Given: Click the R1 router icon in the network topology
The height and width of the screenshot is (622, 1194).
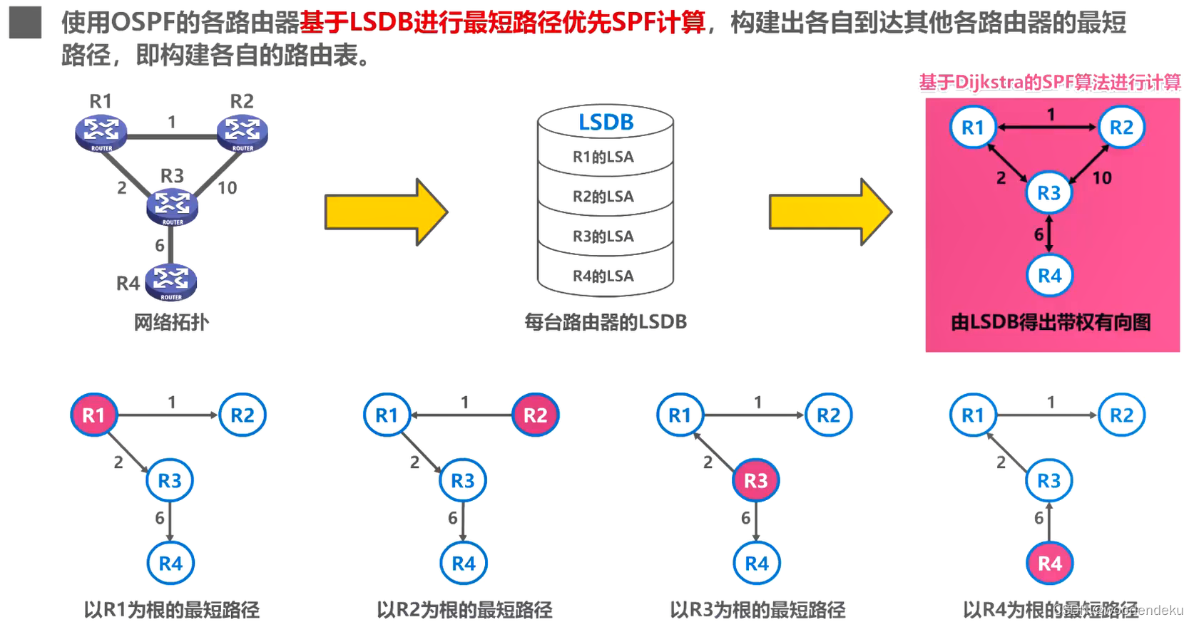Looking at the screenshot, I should pos(101,133).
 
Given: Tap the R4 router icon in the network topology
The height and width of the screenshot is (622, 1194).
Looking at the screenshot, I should pos(170,281).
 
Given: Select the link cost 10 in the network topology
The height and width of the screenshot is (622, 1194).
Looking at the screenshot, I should pos(227,187).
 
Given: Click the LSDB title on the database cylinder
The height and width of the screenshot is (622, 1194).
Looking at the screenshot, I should pos(606,122).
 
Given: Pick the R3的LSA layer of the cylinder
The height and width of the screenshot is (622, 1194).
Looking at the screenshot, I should pos(603,237).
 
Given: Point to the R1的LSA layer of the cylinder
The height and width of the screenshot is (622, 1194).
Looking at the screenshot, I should pos(603,157).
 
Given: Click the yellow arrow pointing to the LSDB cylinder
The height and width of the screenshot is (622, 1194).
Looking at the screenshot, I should pos(385,212).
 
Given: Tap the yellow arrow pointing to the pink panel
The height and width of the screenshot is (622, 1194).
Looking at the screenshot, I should pos(830,212).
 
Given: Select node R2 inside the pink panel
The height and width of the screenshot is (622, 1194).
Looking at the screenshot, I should pos(1121,128).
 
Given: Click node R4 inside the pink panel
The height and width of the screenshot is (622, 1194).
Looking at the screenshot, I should pos(1049,276).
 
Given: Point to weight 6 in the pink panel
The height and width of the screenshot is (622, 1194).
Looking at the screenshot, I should pos(1039,234).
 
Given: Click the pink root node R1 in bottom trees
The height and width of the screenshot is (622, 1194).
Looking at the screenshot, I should pos(93,415).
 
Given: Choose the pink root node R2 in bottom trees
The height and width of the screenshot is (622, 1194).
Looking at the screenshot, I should pos(535,415).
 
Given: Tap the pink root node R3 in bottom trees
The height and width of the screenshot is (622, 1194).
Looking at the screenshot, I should pos(755,481).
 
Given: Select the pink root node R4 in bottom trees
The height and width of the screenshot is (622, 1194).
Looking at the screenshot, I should pos(1049,564).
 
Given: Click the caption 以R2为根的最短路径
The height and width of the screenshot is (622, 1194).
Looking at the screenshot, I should pos(464,610).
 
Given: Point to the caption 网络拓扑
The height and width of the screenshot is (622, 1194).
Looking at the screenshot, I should pos(171,322).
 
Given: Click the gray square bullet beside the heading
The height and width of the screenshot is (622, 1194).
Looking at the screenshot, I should pos(25,22).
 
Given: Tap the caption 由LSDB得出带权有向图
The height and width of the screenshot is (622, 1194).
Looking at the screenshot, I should pos(1051,323).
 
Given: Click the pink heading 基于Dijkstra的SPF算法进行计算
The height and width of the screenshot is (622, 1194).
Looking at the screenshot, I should pos(1049,83).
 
